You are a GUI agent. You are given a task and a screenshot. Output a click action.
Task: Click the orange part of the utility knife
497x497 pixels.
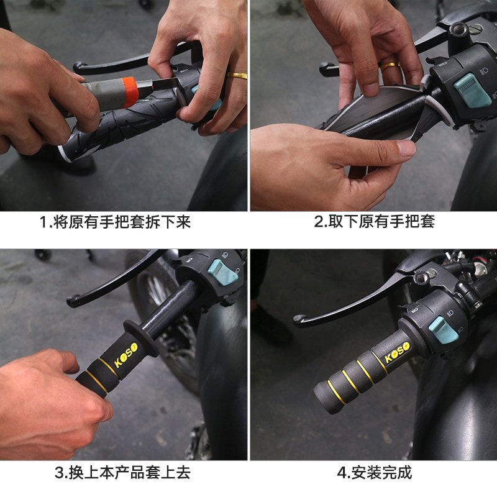[x=130, y=92]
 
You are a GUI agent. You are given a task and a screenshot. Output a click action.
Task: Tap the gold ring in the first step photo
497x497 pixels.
[x=237, y=75]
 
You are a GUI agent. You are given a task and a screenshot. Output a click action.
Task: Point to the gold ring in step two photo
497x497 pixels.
[x=390, y=66]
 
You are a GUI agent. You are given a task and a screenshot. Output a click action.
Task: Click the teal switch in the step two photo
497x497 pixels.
[x=472, y=89]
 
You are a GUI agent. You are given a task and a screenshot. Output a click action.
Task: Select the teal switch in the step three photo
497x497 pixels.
[x=222, y=272]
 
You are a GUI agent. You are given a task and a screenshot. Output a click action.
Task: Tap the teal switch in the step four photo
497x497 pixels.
[x=443, y=330]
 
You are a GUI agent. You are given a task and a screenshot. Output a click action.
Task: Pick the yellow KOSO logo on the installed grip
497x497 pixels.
[x=397, y=352]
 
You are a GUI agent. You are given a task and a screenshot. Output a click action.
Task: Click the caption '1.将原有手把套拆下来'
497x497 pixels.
[x=115, y=222]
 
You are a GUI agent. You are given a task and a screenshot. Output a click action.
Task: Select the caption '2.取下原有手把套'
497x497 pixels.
[x=374, y=221]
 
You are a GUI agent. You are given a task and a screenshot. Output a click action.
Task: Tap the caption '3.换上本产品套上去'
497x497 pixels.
[x=122, y=473]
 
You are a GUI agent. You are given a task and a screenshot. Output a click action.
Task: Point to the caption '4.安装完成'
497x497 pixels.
[x=375, y=473]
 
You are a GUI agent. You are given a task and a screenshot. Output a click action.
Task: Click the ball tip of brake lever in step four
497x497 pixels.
[x=299, y=320]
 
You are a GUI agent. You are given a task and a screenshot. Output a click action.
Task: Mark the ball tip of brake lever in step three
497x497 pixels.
[x=73, y=301]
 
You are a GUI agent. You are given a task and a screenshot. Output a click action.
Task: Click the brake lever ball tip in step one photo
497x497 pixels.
[x=78, y=67]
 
